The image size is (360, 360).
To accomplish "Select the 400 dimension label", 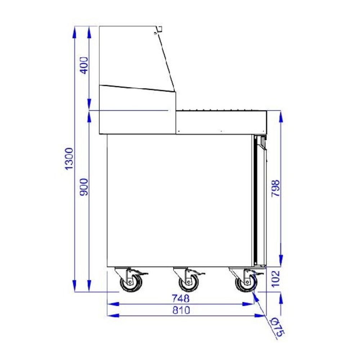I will coord(84,65).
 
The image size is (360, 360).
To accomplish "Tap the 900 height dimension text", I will coord(84,187).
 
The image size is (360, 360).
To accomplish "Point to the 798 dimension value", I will coord(275,188).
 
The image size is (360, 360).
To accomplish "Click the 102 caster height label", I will coord(275,279).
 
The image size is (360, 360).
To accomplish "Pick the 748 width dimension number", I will coord(180,298).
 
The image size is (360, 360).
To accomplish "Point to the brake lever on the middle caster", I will coord(199,274).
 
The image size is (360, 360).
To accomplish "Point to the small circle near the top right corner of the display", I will coord(156,33).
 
